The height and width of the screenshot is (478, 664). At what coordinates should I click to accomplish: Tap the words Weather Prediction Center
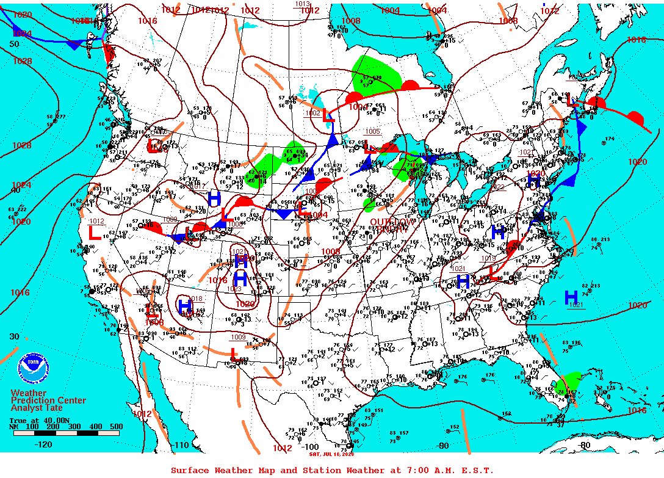click(x=48, y=396)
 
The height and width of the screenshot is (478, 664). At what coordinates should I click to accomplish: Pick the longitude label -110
click(x=181, y=445)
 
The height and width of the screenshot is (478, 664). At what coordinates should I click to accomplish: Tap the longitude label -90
click(x=442, y=446)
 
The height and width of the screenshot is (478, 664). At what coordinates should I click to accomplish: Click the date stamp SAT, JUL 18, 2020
click(x=331, y=454)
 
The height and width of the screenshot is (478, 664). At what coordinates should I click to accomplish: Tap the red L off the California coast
click(x=95, y=233)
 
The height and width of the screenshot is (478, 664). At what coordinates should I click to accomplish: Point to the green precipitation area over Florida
click(x=570, y=383)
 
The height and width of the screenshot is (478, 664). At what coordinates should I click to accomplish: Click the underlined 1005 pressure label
click(x=373, y=131)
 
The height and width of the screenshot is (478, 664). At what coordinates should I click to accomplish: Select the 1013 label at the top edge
click(x=303, y=4)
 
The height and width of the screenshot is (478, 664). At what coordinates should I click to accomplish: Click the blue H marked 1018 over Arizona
click(x=185, y=305)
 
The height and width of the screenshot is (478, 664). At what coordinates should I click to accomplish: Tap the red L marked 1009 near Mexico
click(x=233, y=352)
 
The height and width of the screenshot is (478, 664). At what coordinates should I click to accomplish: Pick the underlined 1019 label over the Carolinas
click(x=488, y=258)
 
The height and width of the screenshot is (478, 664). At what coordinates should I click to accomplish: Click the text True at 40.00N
click(x=34, y=421)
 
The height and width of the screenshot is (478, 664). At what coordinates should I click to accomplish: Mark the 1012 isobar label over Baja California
click(x=142, y=414)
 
